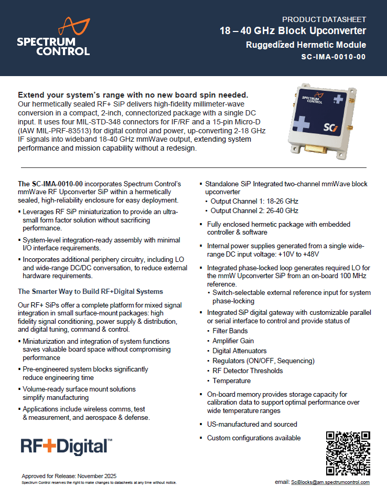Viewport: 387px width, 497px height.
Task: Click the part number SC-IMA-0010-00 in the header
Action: pos(334,57)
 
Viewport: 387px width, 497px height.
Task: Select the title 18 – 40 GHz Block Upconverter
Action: pos(293,31)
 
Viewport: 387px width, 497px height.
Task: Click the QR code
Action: pos(348,453)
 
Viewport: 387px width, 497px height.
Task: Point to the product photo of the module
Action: pos(325,119)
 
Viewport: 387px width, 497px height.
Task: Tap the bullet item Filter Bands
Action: pos(230,331)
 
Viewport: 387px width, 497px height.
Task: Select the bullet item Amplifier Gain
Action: pos(232,341)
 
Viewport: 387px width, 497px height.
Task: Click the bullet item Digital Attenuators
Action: pos(239,351)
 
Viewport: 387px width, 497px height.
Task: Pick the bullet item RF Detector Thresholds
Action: pos(248,371)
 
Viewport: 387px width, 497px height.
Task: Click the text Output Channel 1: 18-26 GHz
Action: pos(254,201)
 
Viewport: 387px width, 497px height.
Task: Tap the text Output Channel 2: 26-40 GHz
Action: pos(254,210)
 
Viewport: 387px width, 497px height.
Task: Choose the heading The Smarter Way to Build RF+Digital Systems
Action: pos(90,291)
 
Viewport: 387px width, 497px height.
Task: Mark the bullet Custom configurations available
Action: pos(254,438)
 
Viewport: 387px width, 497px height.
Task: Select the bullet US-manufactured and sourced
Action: pos(252,424)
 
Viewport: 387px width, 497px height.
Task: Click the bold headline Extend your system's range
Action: pos(133,95)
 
